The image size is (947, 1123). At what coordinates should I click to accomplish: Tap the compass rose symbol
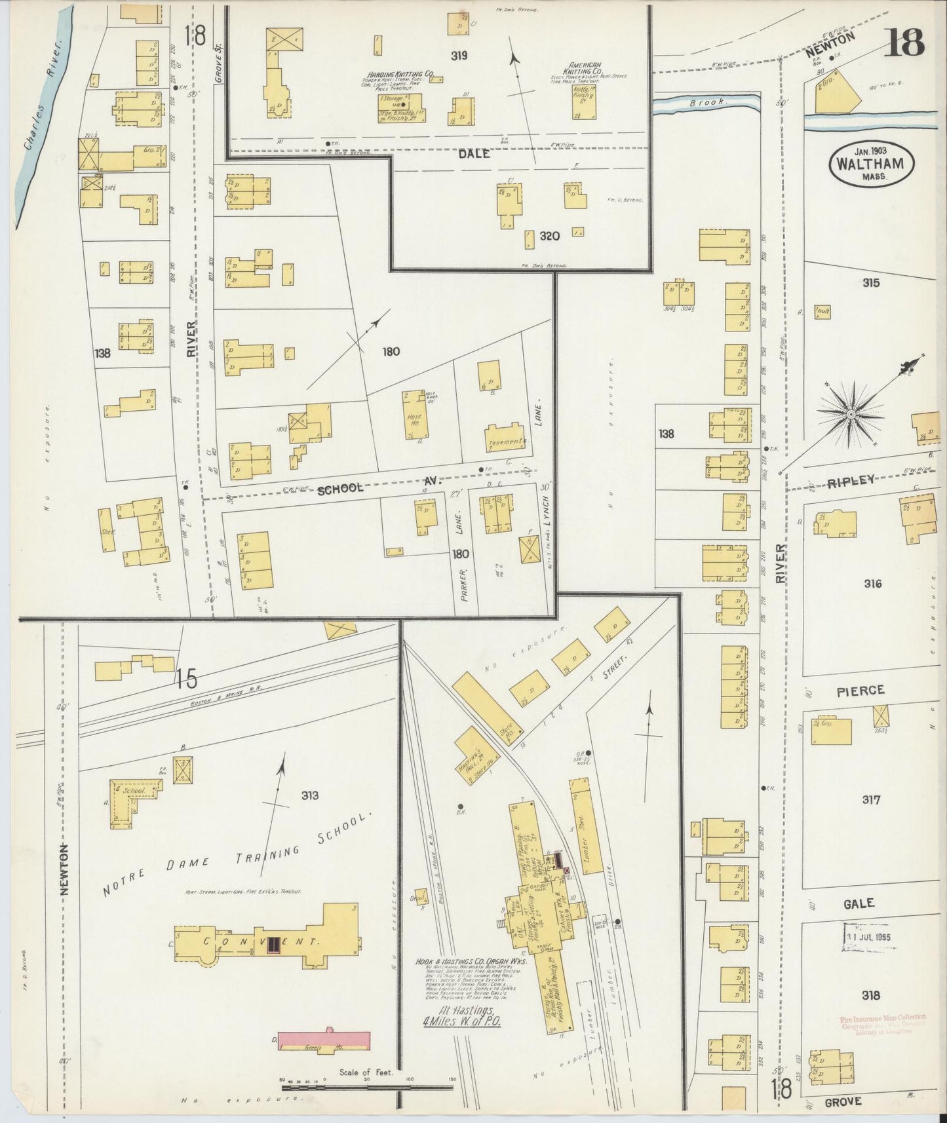click(x=851, y=413)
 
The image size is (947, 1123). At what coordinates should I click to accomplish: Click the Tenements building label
click(x=507, y=441)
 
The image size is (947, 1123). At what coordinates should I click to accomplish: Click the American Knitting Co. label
click(x=585, y=69)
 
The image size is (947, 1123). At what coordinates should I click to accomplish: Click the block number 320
click(x=549, y=236)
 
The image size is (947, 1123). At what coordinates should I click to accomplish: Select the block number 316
click(x=872, y=583)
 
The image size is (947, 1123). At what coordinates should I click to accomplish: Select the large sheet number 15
click(x=186, y=679)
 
